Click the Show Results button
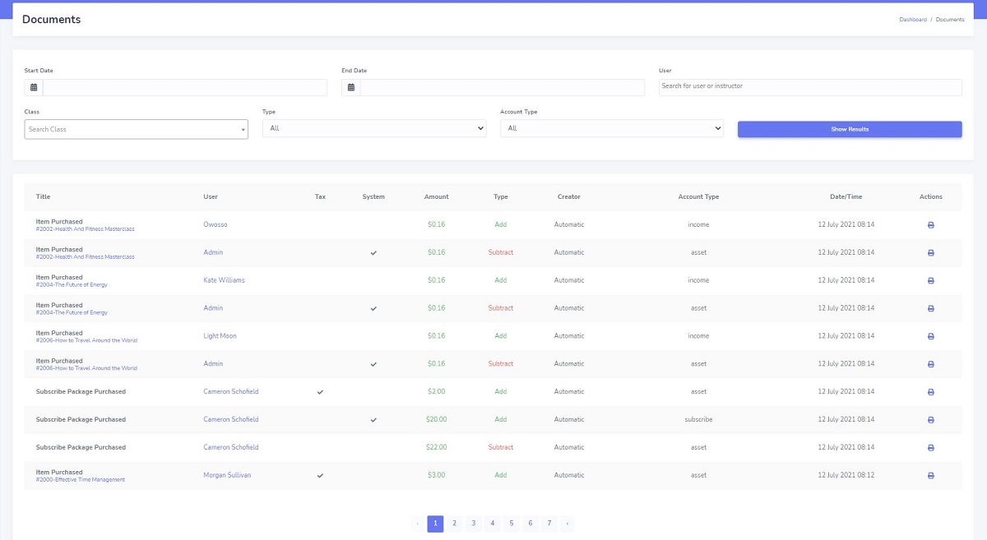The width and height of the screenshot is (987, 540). [849, 129]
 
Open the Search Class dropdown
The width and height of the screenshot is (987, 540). [136, 129]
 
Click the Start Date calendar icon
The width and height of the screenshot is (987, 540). [34, 87]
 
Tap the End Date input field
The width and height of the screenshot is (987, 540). [502, 87]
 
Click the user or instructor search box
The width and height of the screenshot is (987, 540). [809, 86]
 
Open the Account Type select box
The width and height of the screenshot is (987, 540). [611, 128]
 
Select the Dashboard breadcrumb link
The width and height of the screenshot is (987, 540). [912, 20]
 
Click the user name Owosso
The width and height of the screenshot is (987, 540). [215, 224]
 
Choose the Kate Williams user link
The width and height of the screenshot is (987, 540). [224, 280]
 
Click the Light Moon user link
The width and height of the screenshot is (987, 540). [220, 336]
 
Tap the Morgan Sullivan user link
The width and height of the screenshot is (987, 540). [227, 475]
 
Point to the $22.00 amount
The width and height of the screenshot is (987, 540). [436, 447]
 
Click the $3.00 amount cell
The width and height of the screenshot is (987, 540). [436, 475]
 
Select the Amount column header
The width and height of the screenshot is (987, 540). [436, 197]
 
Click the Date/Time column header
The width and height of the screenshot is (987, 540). [846, 197]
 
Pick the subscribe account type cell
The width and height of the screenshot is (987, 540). [698, 419]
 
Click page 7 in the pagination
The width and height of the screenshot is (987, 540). [549, 523]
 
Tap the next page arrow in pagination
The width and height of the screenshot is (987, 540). [567, 523]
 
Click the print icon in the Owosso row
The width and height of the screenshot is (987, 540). [930, 224]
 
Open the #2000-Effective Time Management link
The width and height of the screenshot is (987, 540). [80, 480]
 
